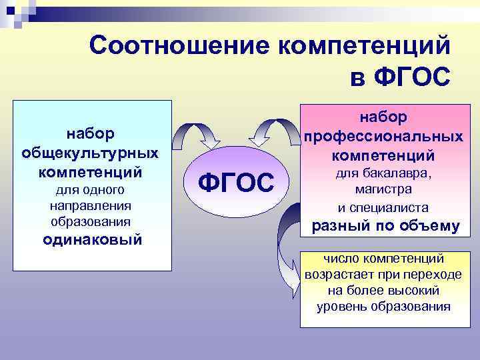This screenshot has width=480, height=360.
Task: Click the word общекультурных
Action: (x=91, y=153)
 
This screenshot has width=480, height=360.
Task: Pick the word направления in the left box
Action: (x=92, y=206)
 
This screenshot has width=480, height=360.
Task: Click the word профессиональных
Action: (x=383, y=136)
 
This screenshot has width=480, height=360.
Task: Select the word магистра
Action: (x=383, y=190)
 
